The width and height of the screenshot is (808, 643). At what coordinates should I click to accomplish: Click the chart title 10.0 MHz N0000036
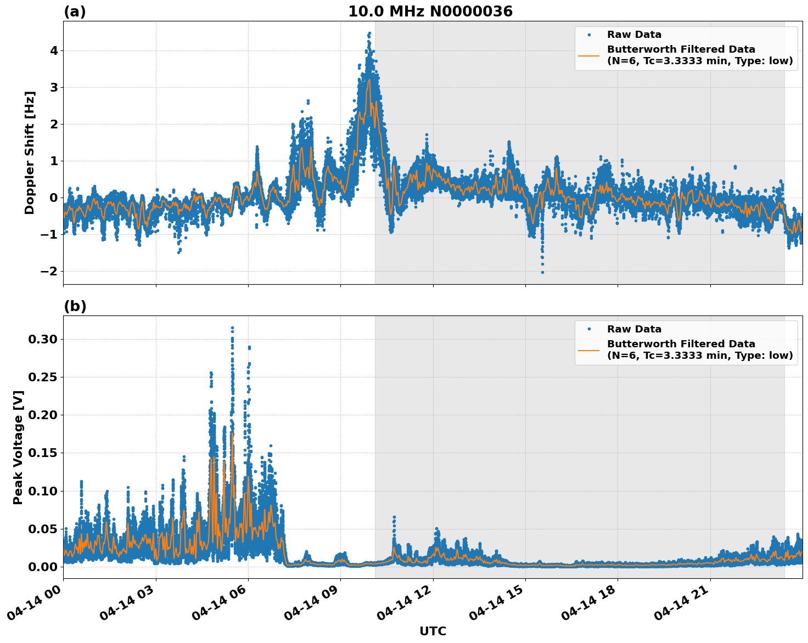[430, 12]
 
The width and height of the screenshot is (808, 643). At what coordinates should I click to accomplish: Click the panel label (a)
[75, 12]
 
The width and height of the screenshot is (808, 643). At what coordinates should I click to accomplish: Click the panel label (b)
[75, 306]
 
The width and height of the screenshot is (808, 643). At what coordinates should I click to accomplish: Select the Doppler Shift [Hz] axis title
[30, 153]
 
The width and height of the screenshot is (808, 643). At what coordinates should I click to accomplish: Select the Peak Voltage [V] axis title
[18, 447]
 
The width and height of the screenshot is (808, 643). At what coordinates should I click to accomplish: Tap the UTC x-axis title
[433, 631]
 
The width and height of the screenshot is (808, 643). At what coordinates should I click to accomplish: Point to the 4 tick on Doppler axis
[54, 50]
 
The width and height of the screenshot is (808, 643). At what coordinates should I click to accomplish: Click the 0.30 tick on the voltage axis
[43, 340]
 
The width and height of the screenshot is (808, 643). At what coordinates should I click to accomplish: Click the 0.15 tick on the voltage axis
[43, 453]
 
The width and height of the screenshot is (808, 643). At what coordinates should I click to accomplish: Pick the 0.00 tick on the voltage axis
[43, 567]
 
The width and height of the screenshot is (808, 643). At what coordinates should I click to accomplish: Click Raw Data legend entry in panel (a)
[634, 35]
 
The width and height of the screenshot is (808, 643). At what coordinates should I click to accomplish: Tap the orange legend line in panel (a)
[588, 55]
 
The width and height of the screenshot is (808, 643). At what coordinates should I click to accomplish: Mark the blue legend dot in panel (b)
[588, 329]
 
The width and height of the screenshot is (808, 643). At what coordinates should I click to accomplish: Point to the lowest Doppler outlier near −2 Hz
[542, 272]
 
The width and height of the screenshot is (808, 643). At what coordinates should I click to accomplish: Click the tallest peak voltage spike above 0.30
[232, 328]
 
